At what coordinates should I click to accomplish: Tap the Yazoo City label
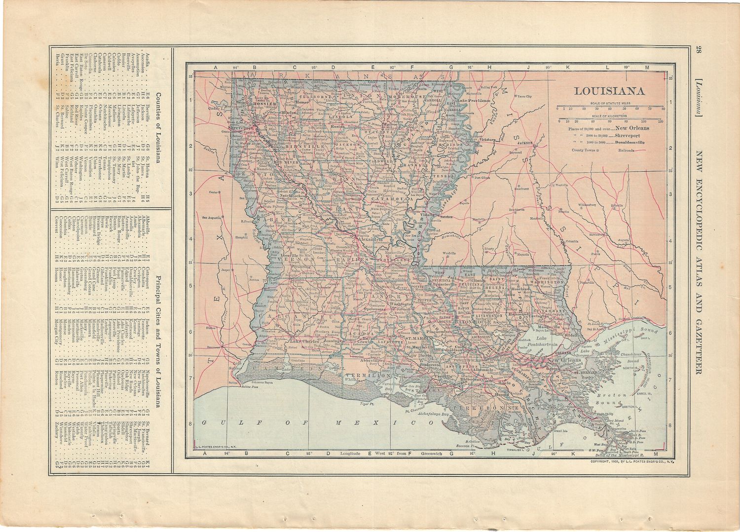525,96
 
